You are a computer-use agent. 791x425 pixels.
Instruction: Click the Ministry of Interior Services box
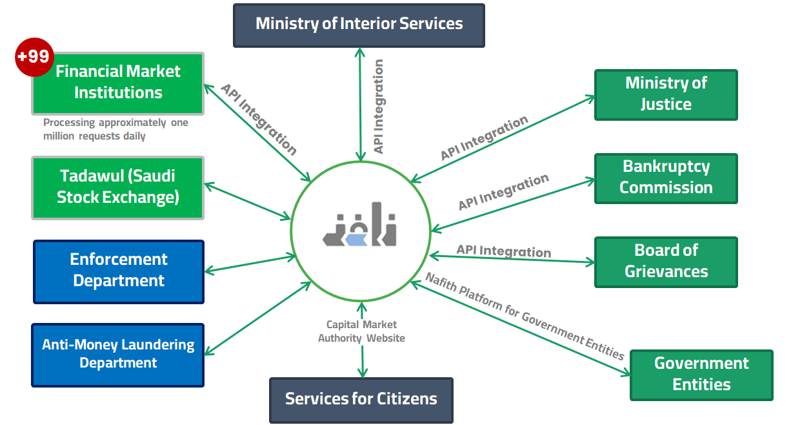pos(359,25)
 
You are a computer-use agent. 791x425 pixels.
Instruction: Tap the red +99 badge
pos(34,57)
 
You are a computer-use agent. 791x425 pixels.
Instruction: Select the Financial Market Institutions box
pos(118,83)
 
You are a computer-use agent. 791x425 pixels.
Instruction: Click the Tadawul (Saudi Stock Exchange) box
pos(118,187)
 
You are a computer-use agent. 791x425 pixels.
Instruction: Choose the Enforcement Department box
pos(119,271)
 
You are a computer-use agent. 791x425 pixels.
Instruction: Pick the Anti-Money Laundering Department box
pos(118,355)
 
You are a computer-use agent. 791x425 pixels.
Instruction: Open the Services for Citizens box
pos(361,400)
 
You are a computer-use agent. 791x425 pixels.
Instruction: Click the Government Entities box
pos(701,375)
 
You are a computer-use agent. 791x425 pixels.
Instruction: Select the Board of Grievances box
pos(666,262)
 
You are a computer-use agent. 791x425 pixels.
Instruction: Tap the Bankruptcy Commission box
pos(666,178)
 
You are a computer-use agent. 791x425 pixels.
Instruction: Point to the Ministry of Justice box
pos(666,94)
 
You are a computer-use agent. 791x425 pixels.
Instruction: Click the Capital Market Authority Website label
pos(361,331)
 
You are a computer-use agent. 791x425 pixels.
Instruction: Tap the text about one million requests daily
pos(115,129)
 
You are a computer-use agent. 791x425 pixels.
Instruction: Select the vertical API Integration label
pos(379,107)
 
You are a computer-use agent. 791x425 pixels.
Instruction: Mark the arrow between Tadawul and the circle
pos(248,202)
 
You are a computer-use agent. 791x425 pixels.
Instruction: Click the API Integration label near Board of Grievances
pos(503,250)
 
